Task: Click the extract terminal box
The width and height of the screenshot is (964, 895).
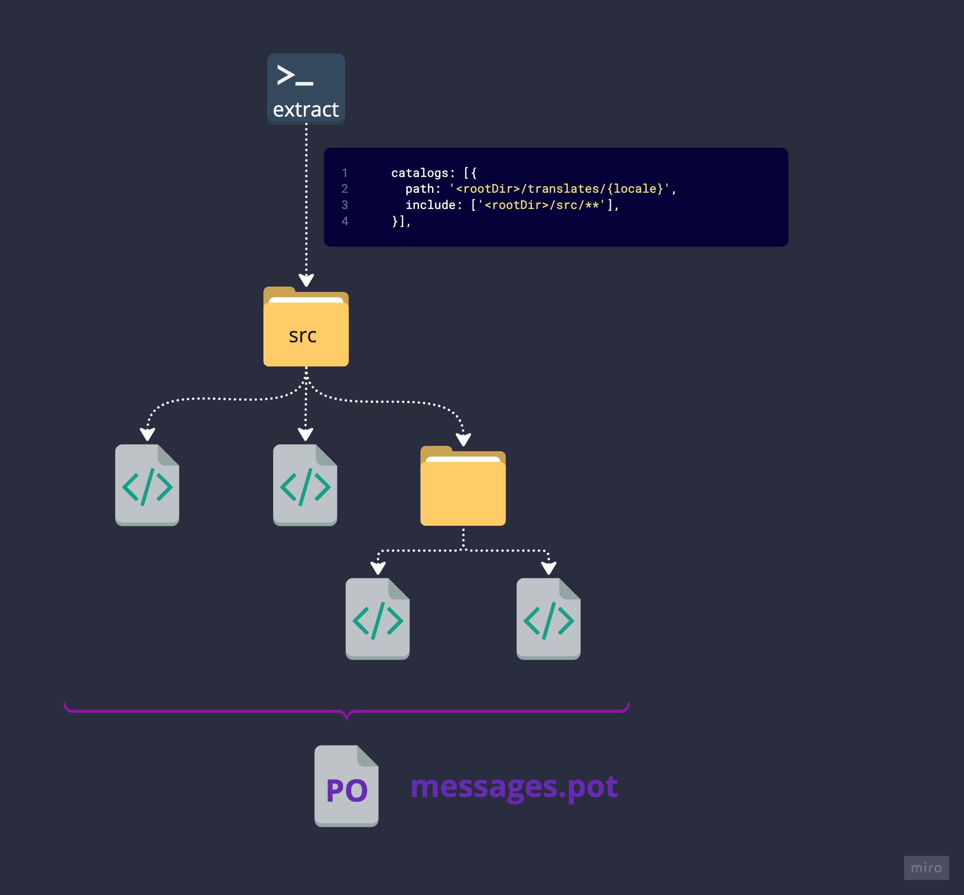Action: pyautogui.click(x=306, y=89)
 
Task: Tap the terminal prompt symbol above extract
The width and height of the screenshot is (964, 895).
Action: pyautogui.click(x=295, y=76)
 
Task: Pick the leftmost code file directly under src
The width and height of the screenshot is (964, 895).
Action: pyautogui.click(x=147, y=485)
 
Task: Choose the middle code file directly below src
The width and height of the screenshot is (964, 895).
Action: pyautogui.click(x=305, y=485)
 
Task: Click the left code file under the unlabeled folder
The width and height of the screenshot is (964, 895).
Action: pyautogui.click(x=377, y=619)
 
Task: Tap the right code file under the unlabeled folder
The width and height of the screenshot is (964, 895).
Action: pyautogui.click(x=548, y=619)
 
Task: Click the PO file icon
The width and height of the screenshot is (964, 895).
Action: pyautogui.click(x=347, y=785)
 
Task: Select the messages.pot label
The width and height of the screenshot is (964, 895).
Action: pyautogui.click(x=514, y=786)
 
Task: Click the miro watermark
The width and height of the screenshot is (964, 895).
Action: pyautogui.click(x=926, y=868)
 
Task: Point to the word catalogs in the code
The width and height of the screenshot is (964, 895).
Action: pyautogui.click(x=420, y=173)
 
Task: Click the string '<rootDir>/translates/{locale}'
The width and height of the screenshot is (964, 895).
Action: pyautogui.click(x=559, y=189)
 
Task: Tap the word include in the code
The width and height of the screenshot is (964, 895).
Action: pyautogui.click(x=430, y=205)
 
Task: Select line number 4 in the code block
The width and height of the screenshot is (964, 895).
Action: pyautogui.click(x=345, y=222)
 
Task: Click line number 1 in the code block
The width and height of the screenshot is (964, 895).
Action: pyautogui.click(x=345, y=173)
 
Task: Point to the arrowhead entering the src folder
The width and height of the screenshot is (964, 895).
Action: pyautogui.click(x=306, y=281)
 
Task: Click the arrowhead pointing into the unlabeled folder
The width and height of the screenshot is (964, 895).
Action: pyautogui.click(x=464, y=440)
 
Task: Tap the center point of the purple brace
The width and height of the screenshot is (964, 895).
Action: pyautogui.click(x=347, y=715)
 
